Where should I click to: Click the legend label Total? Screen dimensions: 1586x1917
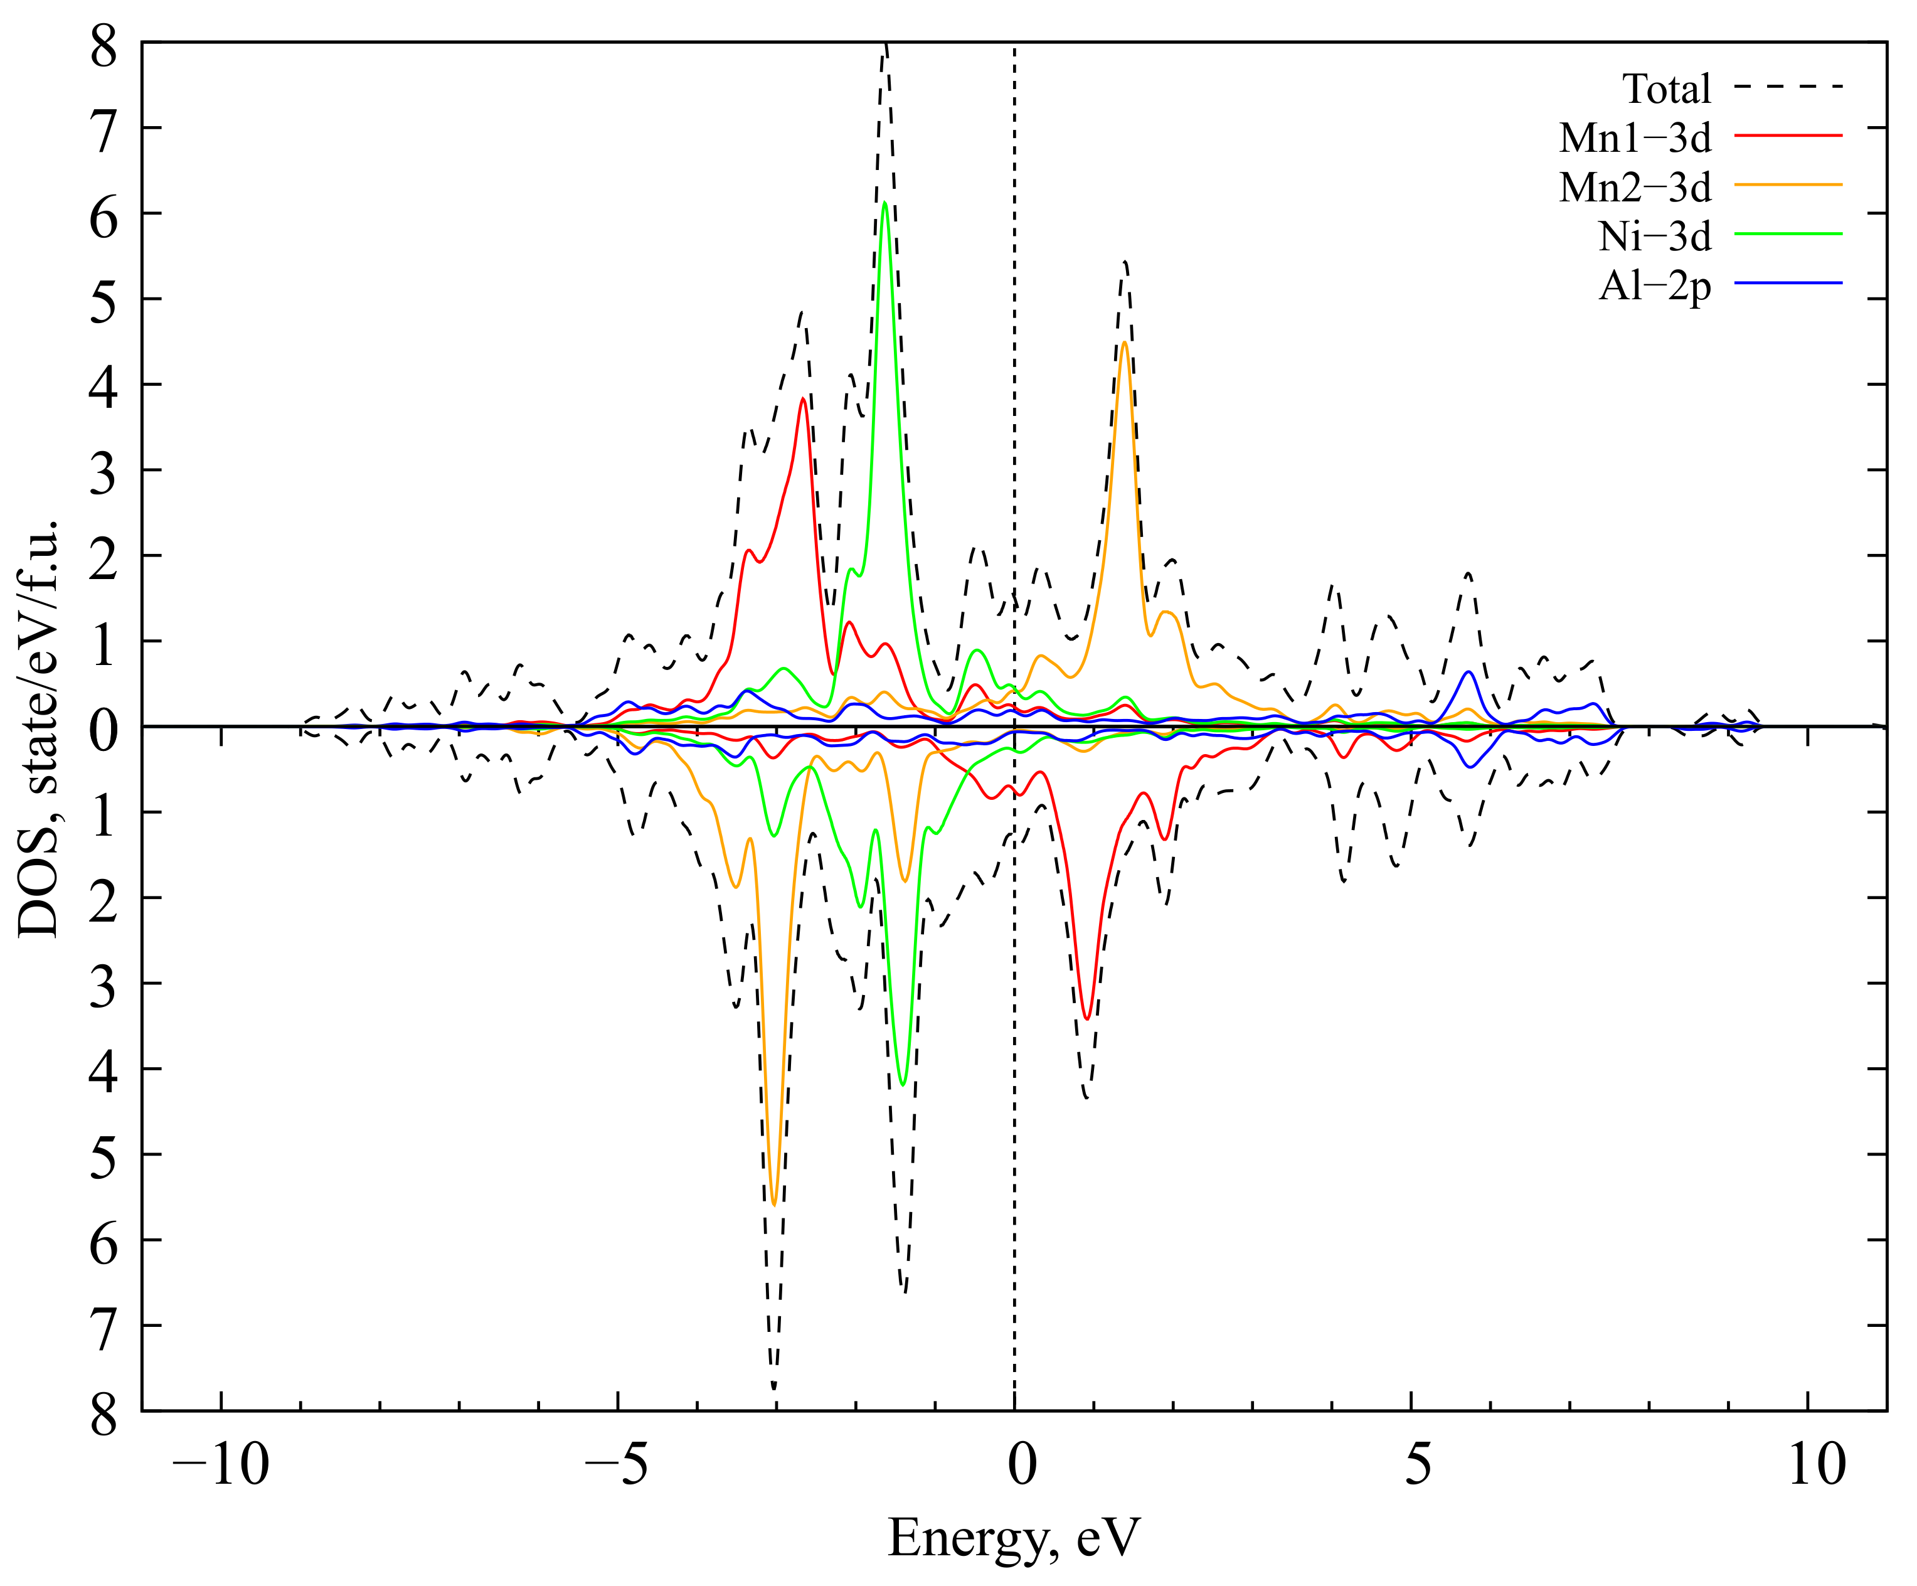[x=1666, y=90]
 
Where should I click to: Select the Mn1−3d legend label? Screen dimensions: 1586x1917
[x=1634, y=138]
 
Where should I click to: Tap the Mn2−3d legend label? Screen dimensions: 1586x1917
[x=1634, y=187]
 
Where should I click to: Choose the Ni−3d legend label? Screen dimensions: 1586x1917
[x=1654, y=237]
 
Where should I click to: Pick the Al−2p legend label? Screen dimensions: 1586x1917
[x=1654, y=287]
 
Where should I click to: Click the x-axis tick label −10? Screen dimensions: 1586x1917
[x=221, y=1464]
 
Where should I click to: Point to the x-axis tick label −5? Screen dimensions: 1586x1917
[x=617, y=1464]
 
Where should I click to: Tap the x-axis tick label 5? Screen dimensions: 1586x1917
[x=1417, y=1464]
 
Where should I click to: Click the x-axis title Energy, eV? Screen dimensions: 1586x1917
[x=1013, y=1536]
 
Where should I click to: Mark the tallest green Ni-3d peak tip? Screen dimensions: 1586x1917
[x=884, y=203]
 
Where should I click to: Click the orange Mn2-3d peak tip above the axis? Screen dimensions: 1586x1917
[x=1125, y=343]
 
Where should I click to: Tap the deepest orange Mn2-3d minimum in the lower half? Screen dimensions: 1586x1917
[x=774, y=1205]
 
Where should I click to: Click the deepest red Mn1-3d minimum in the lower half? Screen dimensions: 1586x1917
[x=1086, y=1018]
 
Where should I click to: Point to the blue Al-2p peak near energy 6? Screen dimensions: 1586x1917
[x=1468, y=672]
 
